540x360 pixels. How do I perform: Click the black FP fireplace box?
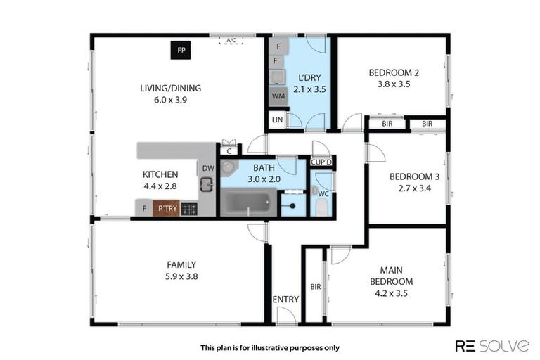click(181, 50)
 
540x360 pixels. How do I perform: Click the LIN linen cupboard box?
click(277, 120)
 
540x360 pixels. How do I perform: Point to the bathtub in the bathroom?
click(245, 202)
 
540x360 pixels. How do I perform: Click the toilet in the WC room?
click(321, 206)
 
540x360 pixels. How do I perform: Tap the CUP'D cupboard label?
click(322, 162)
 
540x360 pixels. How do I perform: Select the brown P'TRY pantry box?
click(167, 208)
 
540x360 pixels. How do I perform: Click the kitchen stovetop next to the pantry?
click(189, 208)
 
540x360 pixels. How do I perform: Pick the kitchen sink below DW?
click(206, 185)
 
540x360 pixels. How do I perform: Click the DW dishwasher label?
click(207, 168)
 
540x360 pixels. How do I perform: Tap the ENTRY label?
click(285, 299)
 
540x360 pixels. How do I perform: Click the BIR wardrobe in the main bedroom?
click(315, 287)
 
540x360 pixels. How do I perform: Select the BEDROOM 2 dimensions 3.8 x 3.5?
click(389, 84)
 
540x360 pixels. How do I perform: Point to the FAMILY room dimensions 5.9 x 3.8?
click(181, 276)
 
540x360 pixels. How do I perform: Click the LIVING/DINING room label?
click(170, 89)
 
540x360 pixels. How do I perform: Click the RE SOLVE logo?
click(491, 345)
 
